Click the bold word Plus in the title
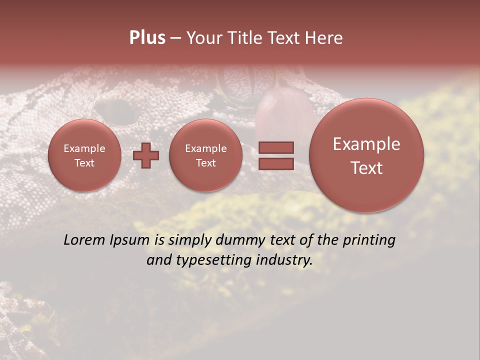point(147,38)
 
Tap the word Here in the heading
point(323,38)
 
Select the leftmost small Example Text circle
point(84,155)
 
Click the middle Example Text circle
point(206,155)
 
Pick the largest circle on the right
point(366,155)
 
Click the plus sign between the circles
point(146,155)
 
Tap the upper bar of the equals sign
point(276,147)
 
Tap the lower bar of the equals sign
point(276,163)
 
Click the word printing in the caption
point(368,240)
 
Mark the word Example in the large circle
point(366,144)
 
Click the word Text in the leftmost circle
point(84,163)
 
